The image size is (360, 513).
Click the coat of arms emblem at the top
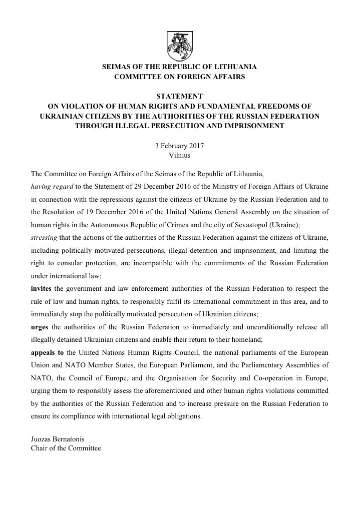tap(180, 46)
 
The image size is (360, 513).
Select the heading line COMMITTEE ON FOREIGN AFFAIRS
tap(179, 77)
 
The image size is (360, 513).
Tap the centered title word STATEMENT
tap(180, 96)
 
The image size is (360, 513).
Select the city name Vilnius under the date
tap(180, 155)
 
